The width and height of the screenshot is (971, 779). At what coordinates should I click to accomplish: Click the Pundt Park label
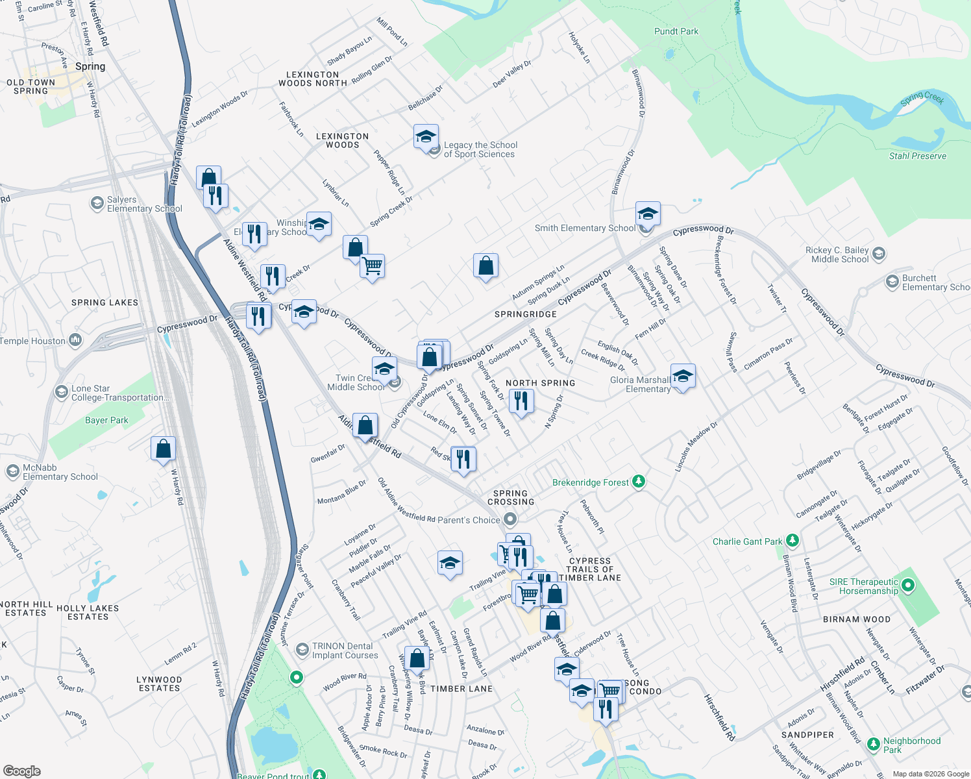676,31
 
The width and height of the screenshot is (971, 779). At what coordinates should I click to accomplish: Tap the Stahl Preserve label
917,156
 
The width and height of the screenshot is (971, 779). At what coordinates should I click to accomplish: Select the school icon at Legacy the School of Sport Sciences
426,137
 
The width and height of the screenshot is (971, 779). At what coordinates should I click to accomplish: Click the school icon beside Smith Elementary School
648,214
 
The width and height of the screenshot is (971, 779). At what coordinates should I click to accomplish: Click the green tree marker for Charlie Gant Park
792,541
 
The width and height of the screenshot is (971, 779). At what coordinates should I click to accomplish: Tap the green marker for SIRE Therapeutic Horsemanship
908,586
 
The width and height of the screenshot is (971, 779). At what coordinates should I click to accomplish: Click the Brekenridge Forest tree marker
639,482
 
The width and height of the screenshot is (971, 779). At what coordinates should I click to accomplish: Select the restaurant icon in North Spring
521,401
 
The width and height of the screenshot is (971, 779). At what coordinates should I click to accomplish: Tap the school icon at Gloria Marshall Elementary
682,376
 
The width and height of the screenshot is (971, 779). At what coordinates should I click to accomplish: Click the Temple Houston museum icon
75,340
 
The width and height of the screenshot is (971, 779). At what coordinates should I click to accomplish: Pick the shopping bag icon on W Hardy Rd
164,449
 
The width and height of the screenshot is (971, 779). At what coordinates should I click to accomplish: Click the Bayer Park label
106,420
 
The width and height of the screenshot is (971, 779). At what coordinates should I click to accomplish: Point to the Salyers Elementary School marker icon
97,204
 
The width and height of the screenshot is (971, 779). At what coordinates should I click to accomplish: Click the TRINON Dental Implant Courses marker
302,650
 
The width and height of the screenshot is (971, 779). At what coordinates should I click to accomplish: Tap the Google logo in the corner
21,771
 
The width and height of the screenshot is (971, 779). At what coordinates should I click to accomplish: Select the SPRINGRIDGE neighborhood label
525,314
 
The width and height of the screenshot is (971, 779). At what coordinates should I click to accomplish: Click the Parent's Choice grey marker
510,519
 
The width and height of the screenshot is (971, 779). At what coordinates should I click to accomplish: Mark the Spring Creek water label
922,98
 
